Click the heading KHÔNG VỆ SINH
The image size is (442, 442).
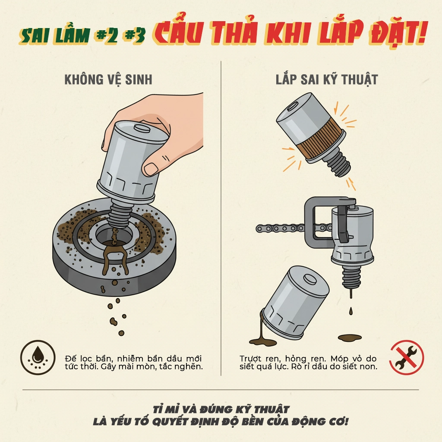[x=108, y=79]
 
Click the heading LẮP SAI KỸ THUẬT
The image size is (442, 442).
[x=327, y=79]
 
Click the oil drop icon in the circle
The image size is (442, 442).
[x=38, y=357]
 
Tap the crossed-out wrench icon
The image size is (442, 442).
[x=407, y=357]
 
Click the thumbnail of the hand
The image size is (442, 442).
[x=151, y=169]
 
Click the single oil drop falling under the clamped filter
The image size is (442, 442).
[x=350, y=311]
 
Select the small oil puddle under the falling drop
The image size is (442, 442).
[x=350, y=337]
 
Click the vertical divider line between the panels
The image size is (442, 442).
[x=221, y=218]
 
